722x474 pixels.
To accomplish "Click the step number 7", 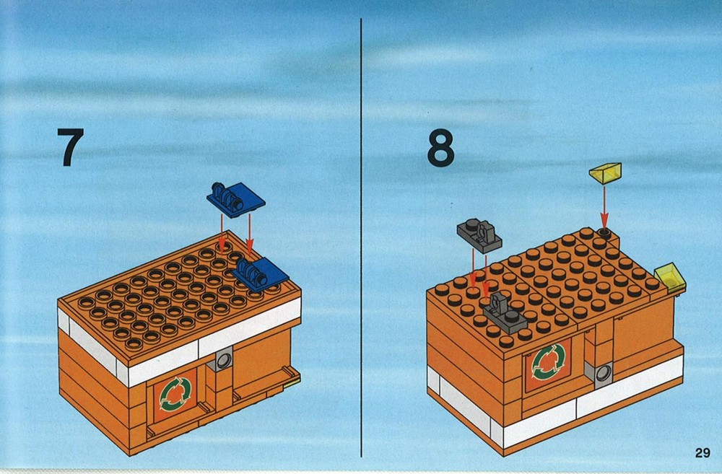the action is point(71,146).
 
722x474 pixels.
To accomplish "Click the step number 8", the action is point(440,147).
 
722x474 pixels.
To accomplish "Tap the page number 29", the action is point(703,453).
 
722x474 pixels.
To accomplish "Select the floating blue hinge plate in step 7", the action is point(236,199).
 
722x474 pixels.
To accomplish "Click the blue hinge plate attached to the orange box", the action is point(261,273).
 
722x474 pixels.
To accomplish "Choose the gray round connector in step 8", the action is point(603,373).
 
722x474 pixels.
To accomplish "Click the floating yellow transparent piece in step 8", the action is point(605,173).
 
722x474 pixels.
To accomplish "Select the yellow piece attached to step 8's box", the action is point(671,278).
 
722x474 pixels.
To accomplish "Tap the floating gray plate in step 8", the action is point(479,235).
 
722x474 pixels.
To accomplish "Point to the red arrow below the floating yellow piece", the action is point(604,206).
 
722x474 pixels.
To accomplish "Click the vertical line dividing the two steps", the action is point(361,237).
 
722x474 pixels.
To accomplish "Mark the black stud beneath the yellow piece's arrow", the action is point(604,233).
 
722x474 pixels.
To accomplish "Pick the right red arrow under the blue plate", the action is point(249,234).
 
